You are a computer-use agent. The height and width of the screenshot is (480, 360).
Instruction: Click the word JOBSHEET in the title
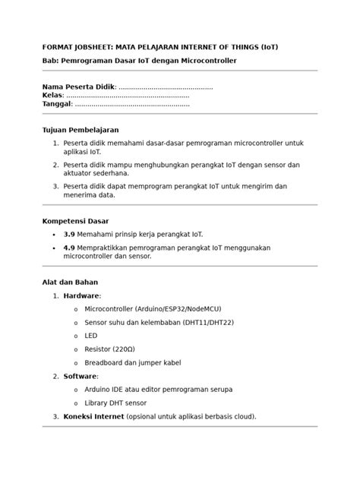coord(90,47)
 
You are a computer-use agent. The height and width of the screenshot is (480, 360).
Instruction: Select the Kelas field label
coord(52,96)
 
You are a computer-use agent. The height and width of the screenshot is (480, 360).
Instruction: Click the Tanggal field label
coord(57,104)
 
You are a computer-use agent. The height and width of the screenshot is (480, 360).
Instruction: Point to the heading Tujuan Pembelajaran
coord(80,130)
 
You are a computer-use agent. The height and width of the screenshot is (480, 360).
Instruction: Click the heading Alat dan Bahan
coord(70,282)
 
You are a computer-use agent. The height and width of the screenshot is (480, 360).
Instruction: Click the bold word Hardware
coord(81,295)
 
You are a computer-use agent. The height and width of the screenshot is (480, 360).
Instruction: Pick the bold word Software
coord(80,376)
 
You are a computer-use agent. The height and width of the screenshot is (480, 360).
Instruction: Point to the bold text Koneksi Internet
coord(93,416)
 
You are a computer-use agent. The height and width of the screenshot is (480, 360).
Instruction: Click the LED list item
coord(90,336)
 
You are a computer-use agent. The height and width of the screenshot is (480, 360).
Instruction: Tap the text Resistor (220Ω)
coord(109,349)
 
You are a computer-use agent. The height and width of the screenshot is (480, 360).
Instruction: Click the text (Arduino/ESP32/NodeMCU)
coord(178,309)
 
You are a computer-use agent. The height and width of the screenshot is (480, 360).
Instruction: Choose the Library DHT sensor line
coord(115,403)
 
